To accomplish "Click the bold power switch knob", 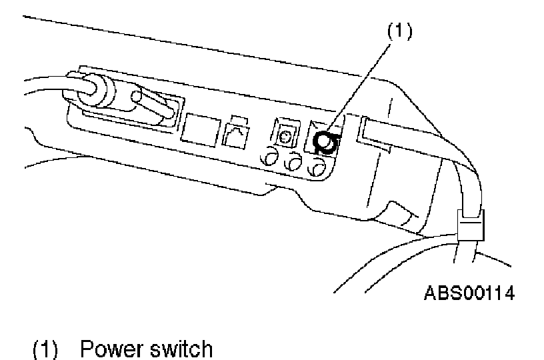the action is (x=325, y=141).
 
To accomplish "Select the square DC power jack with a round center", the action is (x=287, y=136).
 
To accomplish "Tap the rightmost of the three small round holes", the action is (x=316, y=165).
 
